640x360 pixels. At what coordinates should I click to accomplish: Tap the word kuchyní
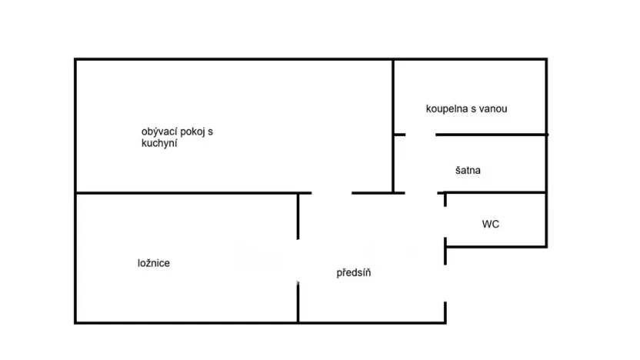(159, 143)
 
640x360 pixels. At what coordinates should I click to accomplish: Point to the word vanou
(494, 109)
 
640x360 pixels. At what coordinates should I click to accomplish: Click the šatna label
(468, 170)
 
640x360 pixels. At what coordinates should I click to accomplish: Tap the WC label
(490, 224)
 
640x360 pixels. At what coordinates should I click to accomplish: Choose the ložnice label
(154, 263)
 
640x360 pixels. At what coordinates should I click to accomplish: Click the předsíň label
(354, 272)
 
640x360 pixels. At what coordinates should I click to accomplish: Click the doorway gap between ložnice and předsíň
(298, 262)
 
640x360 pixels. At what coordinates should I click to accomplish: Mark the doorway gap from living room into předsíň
(332, 193)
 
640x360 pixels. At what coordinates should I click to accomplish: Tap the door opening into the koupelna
(421, 135)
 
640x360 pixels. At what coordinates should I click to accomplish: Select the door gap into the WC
(445, 222)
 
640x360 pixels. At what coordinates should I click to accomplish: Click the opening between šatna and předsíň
(421, 193)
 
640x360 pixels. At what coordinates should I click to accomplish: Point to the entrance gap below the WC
(445, 283)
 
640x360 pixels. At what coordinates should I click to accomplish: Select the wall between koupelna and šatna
(492, 135)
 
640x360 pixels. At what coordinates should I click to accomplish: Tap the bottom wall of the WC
(496, 246)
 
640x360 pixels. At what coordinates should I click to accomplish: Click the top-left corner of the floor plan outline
(75, 59)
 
